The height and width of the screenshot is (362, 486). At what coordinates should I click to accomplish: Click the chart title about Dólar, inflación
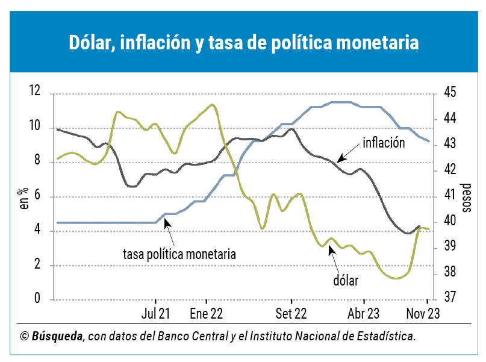[x=243, y=43]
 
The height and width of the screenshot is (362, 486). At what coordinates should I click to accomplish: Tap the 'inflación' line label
[x=384, y=143]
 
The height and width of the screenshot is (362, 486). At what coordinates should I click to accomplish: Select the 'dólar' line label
[x=345, y=280]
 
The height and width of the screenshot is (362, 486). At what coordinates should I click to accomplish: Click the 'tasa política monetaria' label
[x=179, y=254]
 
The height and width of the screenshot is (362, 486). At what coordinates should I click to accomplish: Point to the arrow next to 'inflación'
[x=349, y=152]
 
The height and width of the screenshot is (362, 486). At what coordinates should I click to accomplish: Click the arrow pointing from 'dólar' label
[x=333, y=260]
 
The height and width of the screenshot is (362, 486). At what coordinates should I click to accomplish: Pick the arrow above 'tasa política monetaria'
[x=169, y=229]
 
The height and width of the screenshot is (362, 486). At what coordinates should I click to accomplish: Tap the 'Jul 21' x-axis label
[x=155, y=314]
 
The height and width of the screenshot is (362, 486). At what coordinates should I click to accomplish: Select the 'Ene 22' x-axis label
[x=206, y=314]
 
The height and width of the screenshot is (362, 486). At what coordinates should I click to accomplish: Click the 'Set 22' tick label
[x=291, y=314]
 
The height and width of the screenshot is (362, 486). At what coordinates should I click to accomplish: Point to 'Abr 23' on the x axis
[x=364, y=314]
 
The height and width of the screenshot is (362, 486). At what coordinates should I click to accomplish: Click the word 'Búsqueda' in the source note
[x=57, y=336]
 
